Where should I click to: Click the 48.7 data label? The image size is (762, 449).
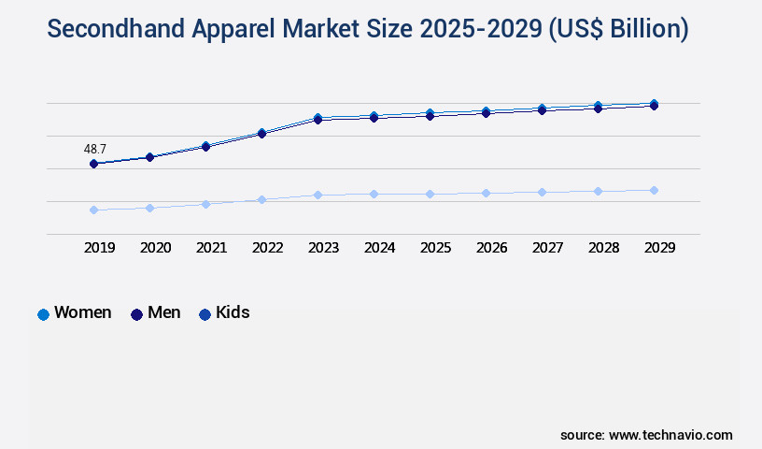click(x=94, y=149)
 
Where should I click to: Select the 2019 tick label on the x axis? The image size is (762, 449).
click(x=100, y=248)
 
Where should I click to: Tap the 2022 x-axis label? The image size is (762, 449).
click(x=267, y=248)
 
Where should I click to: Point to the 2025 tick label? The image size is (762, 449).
click(x=435, y=248)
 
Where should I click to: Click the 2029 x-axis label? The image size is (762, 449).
click(x=659, y=248)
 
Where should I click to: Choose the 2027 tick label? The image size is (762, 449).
click(x=547, y=248)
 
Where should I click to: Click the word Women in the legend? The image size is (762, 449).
click(x=83, y=312)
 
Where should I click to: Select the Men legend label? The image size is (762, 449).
click(x=164, y=312)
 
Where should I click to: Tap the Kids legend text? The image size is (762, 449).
click(x=233, y=312)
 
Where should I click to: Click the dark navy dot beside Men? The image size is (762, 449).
click(x=136, y=314)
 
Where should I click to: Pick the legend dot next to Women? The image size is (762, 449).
click(x=43, y=314)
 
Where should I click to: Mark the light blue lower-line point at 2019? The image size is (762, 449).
click(x=93, y=210)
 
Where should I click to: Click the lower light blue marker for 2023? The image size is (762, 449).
click(x=317, y=195)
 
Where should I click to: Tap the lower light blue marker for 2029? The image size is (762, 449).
click(x=654, y=190)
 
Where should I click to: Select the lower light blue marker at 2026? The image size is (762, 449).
click(x=486, y=193)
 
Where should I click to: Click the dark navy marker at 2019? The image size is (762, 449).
click(x=93, y=164)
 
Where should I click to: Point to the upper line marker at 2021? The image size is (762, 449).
click(x=205, y=146)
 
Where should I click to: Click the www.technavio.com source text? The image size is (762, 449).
click(x=670, y=435)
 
